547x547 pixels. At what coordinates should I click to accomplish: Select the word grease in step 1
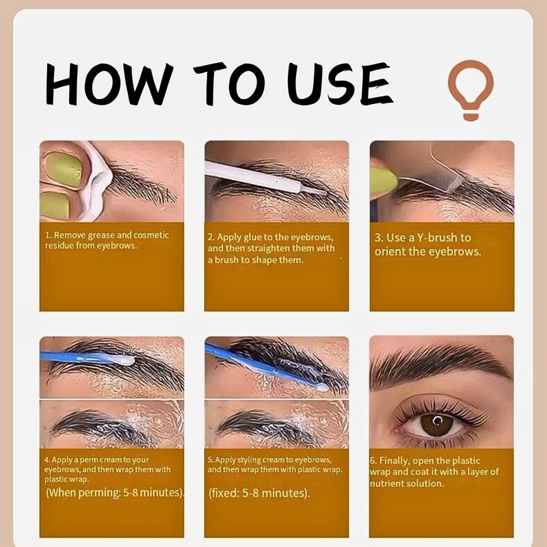[x=98, y=235]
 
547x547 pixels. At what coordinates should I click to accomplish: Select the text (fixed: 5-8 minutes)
[x=258, y=493]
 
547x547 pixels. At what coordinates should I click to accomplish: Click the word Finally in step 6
[x=405, y=460]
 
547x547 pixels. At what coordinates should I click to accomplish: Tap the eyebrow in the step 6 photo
[x=438, y=362]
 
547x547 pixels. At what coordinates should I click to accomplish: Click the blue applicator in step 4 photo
[x=82, y=356]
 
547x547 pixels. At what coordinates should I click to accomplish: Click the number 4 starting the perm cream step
[x=46, y=460]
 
